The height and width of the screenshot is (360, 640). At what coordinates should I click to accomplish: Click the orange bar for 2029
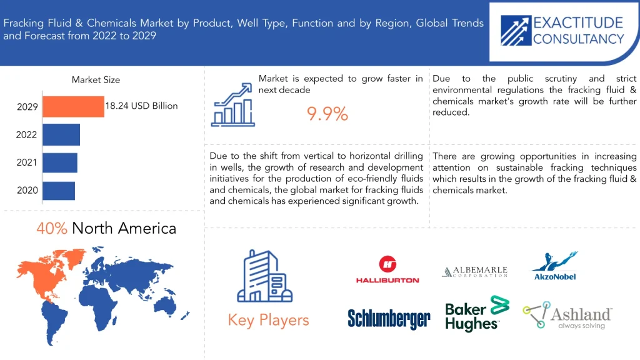74,106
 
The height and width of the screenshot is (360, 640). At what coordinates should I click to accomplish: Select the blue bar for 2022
61,135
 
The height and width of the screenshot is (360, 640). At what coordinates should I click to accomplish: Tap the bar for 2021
60,162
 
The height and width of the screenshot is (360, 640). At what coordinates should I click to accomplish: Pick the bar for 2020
59,191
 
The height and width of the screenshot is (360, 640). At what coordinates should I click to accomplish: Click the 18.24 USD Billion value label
142,106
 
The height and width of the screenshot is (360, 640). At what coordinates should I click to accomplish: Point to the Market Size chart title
96,79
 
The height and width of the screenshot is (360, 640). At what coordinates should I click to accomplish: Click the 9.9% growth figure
327,114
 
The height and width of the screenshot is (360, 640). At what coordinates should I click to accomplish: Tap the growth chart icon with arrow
232,104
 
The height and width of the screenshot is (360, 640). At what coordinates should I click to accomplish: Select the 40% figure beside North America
51,228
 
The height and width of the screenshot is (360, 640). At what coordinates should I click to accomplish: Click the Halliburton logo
387,269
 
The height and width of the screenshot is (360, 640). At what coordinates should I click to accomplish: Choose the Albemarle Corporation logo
475,271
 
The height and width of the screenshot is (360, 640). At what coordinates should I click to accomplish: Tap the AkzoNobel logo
555,266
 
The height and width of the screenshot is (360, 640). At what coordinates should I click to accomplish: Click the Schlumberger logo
389,319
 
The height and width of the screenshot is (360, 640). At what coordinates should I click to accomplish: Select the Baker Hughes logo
477,314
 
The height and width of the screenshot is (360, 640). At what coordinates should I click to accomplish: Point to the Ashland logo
567,315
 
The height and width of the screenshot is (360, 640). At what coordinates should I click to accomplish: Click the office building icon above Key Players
265,276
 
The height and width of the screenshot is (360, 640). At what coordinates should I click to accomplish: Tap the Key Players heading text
269,321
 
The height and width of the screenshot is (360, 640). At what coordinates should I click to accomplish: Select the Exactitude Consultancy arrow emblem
516,31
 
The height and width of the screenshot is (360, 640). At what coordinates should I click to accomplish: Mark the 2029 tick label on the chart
27,107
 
